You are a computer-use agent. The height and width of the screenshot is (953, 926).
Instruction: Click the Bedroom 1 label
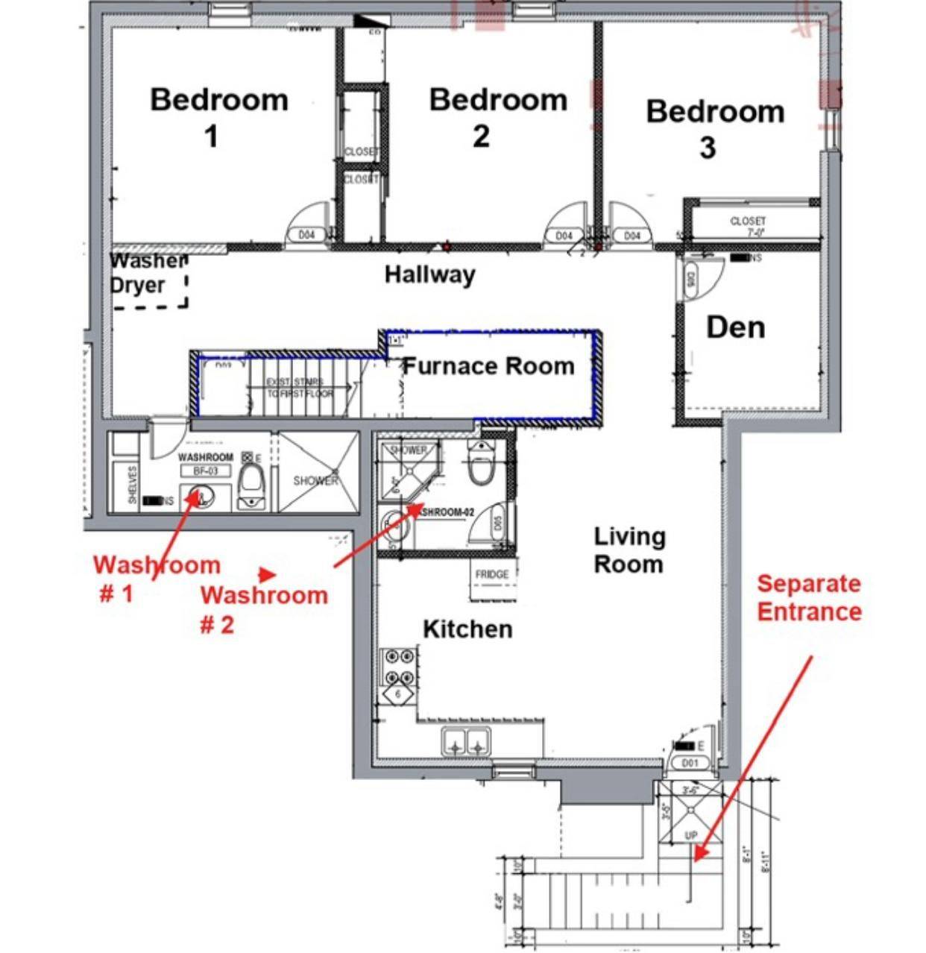[218, 117]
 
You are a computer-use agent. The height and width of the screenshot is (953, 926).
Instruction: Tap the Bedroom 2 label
[497, 117]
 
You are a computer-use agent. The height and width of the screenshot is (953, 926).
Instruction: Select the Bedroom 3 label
[714, 128]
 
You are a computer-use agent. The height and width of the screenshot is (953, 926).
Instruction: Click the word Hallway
[429, 274]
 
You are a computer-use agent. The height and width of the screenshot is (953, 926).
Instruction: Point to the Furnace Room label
[488, 366]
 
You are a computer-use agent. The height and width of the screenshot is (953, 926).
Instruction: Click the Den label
[735, 327]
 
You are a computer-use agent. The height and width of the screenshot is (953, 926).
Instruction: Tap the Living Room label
[629, 550]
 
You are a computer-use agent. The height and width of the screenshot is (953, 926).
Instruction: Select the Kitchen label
[467, 629]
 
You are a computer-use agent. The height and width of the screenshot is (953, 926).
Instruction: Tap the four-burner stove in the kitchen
[397, 667]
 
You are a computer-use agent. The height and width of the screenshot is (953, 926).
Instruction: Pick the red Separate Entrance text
[809, 597]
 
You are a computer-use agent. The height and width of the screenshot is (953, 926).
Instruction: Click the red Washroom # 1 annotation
[156, 579]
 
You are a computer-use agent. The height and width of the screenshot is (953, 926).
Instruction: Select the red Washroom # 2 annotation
[263, 608]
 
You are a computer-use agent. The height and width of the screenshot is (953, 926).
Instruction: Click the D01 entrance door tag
[690, 763]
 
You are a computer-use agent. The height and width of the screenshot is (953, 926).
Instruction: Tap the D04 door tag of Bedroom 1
[306, 235]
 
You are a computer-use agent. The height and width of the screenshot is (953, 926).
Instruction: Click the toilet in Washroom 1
[253, 485]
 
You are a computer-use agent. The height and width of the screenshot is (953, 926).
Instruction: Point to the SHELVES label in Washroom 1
[133, 485]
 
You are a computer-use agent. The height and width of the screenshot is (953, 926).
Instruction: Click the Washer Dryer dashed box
[148, 280]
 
